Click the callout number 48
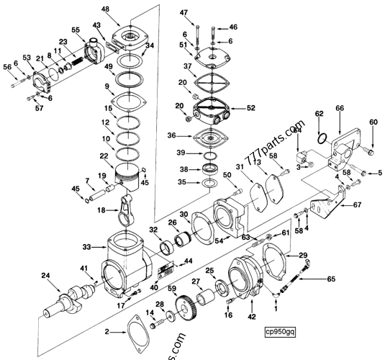click(x=105, y=9)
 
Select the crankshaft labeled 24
click(x=69, y=296)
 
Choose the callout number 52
click(x=250, y=109)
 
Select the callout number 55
click(x=75, y=30)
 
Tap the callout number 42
click(x=252, y=316)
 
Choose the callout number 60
click(x=373, y=122)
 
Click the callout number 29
click(x=303, y=256)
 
